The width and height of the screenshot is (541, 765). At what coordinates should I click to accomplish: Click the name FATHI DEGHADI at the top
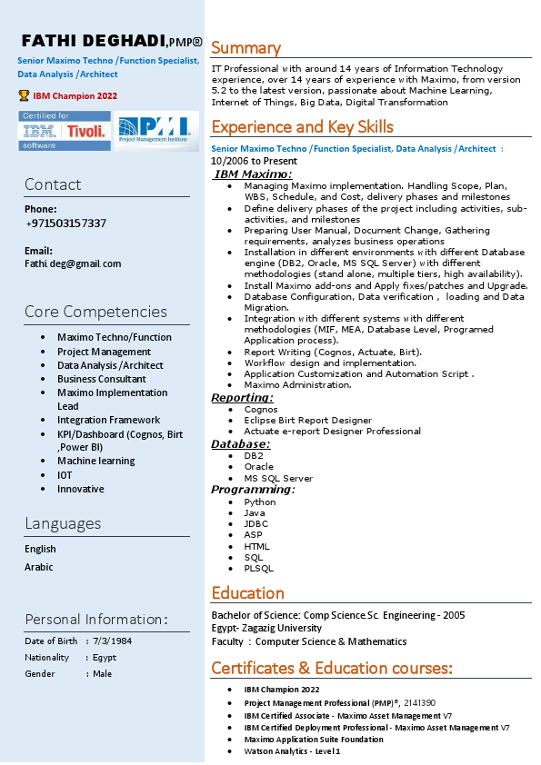(x=93, y=41)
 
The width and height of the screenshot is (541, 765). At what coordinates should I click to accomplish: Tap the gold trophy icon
(x=24, y=94)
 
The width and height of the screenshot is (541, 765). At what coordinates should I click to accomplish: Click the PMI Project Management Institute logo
(x=151, y=130)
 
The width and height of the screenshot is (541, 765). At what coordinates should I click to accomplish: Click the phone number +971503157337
(x=65, y=224)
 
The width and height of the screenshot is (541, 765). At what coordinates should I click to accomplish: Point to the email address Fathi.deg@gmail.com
(x=73, y=263)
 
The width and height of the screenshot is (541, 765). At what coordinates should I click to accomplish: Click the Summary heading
(x=245, y=48)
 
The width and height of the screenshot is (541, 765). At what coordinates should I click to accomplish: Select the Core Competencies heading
(x=95, y=312)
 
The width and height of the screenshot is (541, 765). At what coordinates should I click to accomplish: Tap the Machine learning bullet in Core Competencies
(x=96, y=461)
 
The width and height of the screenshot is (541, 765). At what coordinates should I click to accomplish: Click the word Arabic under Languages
(x=39, y=567)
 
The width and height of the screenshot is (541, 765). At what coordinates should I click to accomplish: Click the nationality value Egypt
(x=105, y=657)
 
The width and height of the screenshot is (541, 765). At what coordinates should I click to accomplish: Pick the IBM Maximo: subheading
(x=253, y=174)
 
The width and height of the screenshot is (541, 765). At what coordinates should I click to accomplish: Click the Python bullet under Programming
(x=260, y=502)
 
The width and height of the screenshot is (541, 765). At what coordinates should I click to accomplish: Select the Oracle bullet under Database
(x=259, y=467)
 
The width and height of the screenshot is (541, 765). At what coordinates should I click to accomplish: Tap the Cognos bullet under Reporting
(x=261, y=409)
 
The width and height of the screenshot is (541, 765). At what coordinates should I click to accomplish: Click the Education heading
(x=247, y=593)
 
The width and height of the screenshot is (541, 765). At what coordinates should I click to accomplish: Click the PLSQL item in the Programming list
(x=258, y=569)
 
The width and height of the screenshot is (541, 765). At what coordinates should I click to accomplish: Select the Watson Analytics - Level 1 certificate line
(x=292, y=751)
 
